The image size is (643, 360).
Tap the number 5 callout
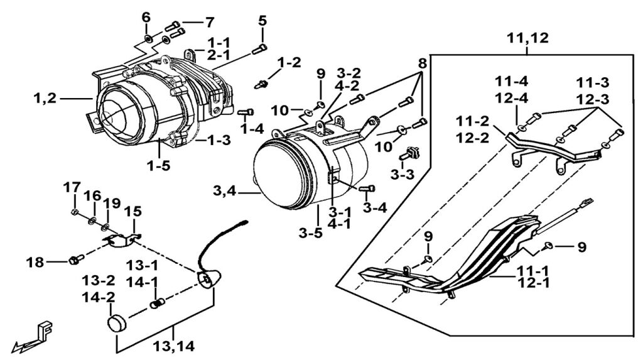click(x=262, y=20)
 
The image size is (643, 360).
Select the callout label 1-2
click(x=289, y=62)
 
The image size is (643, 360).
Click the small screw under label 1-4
click(x=246, y=112)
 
